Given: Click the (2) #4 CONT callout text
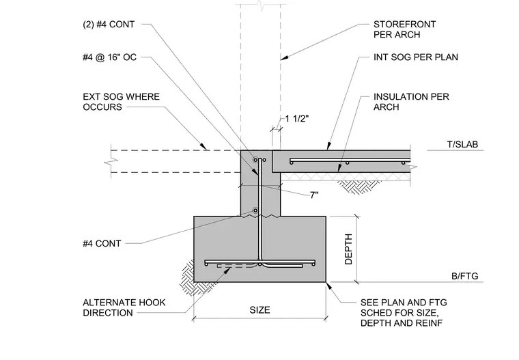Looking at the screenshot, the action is pyautogui.click(x=109, y=25).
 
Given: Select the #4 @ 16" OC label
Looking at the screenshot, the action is pyautogui.click(x=109, y=57).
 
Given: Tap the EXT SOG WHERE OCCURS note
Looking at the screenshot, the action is pyautogui.click(x=121, y=102).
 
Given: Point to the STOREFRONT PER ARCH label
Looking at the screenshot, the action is pyautogui.click(x=404, y=29).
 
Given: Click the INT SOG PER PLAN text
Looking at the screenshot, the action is pyautogui.click(x=416, y=57).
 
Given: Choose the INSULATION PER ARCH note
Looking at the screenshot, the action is pyautogui.click(x=411, y=102).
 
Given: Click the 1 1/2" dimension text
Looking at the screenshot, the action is pyautogui.click(x=297, y=119).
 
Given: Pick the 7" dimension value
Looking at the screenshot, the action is pyautogui.click(x=314, y=195).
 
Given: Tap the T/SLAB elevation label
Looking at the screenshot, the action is pyautogui.click(x=462, y=144).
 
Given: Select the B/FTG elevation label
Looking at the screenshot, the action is pyautogui.click(x=465, y=276).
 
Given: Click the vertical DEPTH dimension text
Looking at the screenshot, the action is pyautogui.click(x=348, y=249).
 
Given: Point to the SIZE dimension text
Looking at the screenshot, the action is pyautogui.click(x=259, y=310).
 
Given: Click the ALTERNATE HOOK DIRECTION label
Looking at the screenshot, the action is pyautogui.click(x=124, y=307).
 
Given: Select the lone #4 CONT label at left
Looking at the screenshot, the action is pyautogui.click(x=102, y=244).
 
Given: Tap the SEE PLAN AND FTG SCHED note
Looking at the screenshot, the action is pyautogui.click(x=404, y=313).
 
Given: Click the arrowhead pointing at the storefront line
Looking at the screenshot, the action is pyautogui.click(x=284, y=57).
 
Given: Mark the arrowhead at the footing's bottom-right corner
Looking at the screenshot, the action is pyautogui.click(x=329, y=286).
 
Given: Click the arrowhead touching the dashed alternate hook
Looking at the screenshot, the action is pyautogui.click(x=227, y=270).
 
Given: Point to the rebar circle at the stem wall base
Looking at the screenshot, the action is pyautogui.click(x=255, y=210).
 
